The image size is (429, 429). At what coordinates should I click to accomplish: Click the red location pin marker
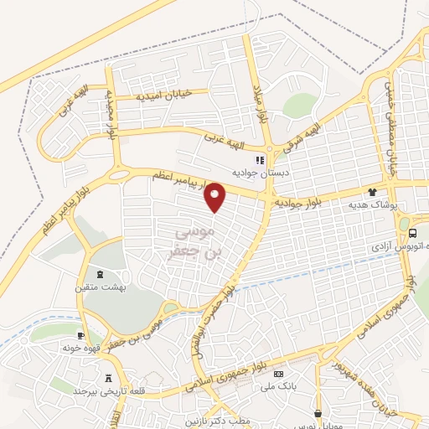(216, 197)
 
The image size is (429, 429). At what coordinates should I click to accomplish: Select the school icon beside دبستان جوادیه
(259, 159)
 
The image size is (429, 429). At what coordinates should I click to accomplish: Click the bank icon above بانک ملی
(279, 373)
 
